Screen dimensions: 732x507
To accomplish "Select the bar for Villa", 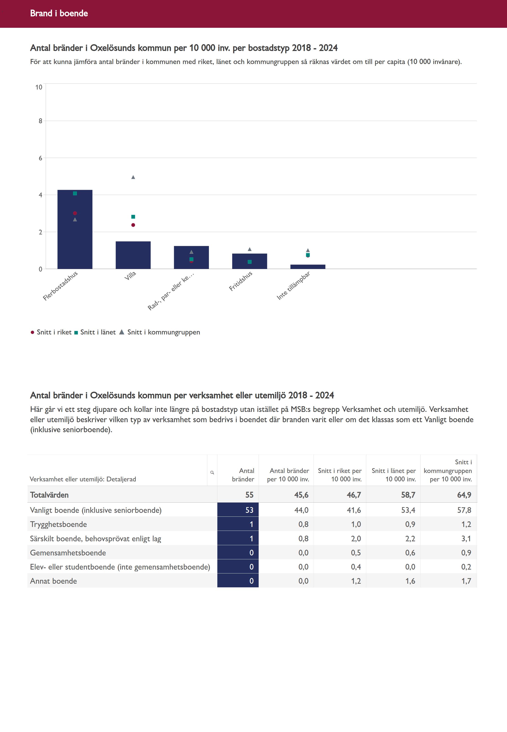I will (x=133, y=255).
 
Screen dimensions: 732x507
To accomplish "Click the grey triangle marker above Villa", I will (x=133, y=177).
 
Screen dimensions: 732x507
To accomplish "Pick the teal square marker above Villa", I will (x=133, y=217).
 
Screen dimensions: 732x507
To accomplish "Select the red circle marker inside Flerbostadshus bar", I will (x=75, y=213).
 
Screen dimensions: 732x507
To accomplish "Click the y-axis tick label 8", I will (x=40, y=121).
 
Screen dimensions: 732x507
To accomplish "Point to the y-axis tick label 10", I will (x=39, y=87).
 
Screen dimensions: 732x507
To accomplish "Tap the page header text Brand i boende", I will (x=59, y=13).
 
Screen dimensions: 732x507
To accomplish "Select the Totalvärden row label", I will (x=49, y=495).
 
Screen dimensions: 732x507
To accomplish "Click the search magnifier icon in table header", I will (x=212, y=473).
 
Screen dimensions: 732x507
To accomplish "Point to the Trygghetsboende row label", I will (x=58, y=524).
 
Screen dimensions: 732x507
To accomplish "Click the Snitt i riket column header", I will (x=340, y=475).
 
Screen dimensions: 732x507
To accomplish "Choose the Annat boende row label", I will (x=53, y=581).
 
